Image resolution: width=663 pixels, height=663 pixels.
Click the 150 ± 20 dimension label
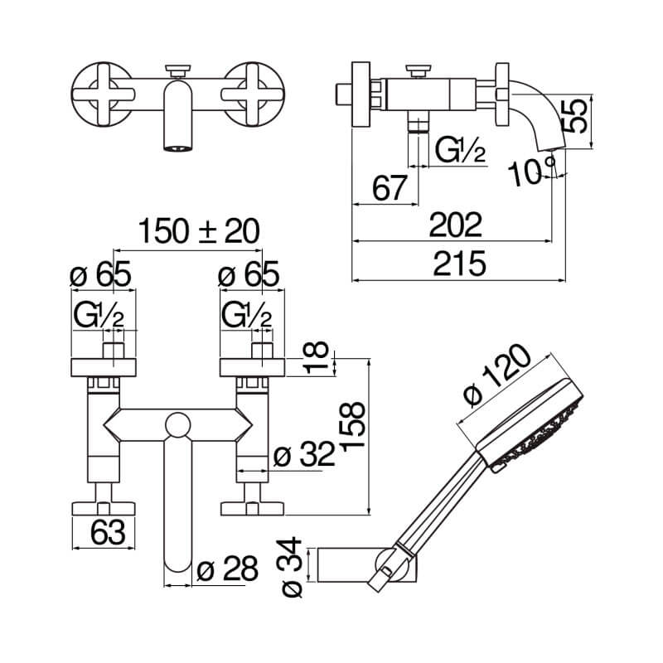pyautogui.click(x=199, y=231)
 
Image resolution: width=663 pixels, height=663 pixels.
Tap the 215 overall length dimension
pyautogui.click(x=460, y=264)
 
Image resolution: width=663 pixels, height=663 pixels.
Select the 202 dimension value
pyautogui.click(x=455, y=225)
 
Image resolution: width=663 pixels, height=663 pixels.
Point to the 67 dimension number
pyautogui.click(x=390, y=188)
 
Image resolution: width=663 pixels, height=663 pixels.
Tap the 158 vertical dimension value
pyautogui.click(x=351, y=427)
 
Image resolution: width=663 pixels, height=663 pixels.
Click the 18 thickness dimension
pyautogui.click(x=317, y=358)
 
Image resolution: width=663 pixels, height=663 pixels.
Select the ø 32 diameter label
pyautogui.click(x=304, y=455)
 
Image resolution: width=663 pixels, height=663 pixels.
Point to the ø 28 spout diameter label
pyautogui.click(x=227, y=569)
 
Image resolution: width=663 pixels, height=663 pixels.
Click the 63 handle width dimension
pyautogui.click(x=108, y=532)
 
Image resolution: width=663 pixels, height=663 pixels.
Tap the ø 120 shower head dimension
pyautogui.click(x=496, y=375)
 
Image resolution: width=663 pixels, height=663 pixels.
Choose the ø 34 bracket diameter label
pyautogui.click(x=292, y=567)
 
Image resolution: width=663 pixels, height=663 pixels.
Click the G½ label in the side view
pyautogui.click(x=460, y=150)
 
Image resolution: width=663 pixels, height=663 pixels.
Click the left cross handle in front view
pyautogui.click(x=103, y=94)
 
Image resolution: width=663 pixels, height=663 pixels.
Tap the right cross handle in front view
pyautogui.click(x=253, y=94)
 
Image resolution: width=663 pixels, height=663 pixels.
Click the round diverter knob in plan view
pyautogui.click(x=177, y=425)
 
